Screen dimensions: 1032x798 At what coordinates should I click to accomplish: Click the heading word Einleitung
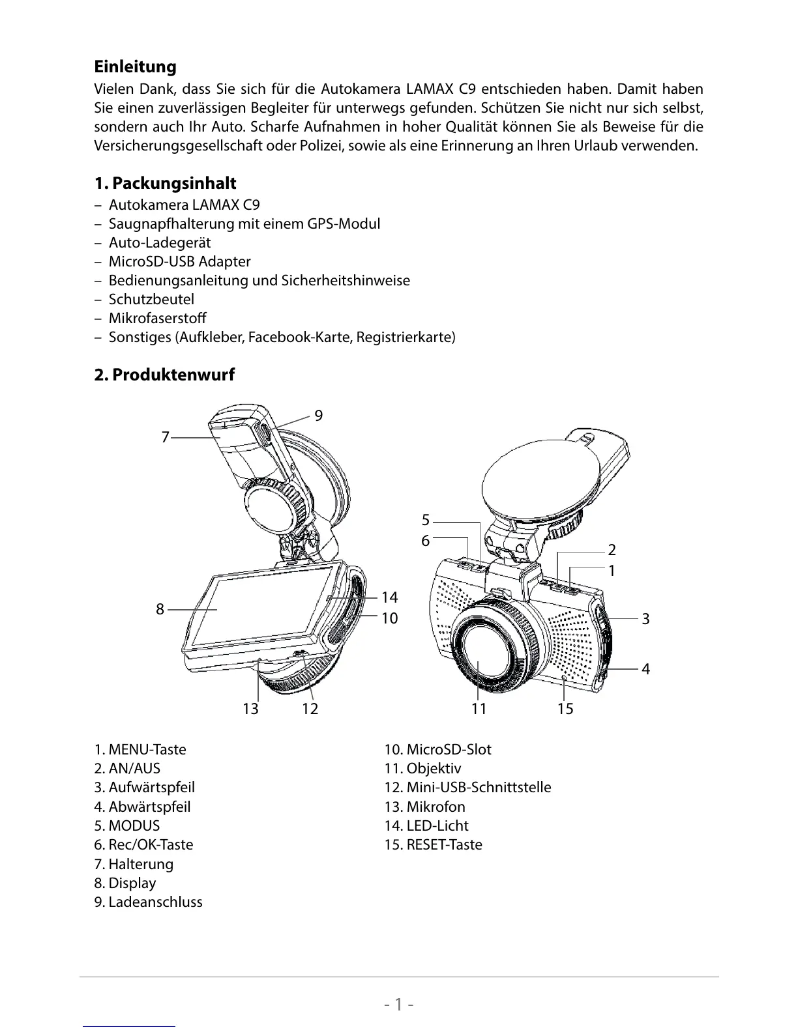point(135,66)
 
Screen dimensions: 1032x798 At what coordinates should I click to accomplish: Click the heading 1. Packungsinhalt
point(165,183)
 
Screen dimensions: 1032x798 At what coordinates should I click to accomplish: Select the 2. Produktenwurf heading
point(164,375)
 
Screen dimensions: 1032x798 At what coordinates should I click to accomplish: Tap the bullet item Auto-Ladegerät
point(159,242)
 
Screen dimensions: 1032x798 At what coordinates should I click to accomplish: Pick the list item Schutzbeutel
point(151,299)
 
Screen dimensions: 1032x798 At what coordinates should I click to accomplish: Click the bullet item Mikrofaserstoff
point(157,318)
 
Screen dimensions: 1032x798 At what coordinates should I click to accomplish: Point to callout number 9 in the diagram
point(318,416)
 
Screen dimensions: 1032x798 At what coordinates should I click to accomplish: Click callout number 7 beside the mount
point(166,437)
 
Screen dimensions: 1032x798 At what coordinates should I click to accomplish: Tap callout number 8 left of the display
point(160,610)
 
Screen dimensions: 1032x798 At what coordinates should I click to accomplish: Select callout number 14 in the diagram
point(389,597)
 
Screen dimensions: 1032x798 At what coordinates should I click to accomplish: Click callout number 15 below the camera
point(565,709)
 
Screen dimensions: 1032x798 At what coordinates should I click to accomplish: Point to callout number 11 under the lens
point(479,709)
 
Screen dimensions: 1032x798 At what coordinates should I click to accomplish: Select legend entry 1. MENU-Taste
point(140,749)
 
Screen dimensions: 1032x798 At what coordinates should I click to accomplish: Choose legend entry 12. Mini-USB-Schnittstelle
point(467,787)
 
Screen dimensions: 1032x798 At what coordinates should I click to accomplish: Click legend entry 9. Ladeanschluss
point(148,902)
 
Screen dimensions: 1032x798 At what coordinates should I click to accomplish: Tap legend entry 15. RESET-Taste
point(433,844)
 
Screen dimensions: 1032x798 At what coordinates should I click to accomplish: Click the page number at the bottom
point(399,1004)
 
